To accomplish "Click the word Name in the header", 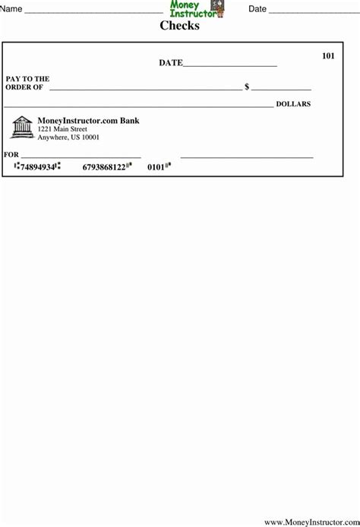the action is coord(11,9).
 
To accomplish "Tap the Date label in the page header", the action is coord(257,9).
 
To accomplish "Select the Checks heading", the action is coord(179,26).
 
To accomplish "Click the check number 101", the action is coord(328,55).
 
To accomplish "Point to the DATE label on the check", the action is coord(170,63).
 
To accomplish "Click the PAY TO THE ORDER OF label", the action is coord(27,83).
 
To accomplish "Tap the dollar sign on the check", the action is coord(247,87).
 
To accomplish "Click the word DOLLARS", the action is coord(293,103).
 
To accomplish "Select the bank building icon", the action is coord(22,127).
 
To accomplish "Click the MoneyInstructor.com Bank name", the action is coord(88,121).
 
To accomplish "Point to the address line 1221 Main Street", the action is coord(62,130).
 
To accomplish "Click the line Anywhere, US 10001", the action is coord(68,138).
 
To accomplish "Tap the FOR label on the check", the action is coord(11,154).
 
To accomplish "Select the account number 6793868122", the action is coord(104,167).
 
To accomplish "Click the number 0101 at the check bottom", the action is coord(156,167).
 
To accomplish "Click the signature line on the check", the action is coord(247,156).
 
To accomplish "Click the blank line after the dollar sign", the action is coord(281,89).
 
